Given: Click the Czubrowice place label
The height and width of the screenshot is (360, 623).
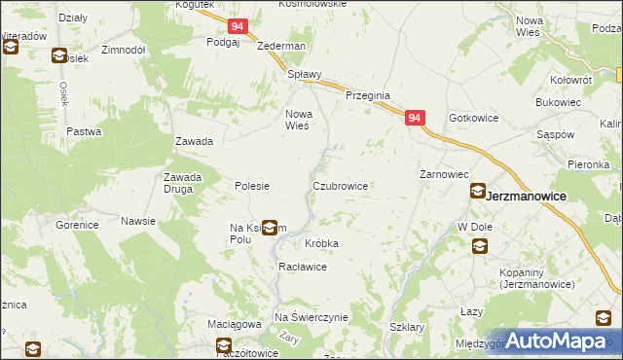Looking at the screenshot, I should pyautogui.click(x=339, y=185).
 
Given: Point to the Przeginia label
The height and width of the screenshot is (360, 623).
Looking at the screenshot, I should pyautogui.click(x=368, y=95).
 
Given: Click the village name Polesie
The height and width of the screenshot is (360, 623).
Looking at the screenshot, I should pyautogui.click(x=252, y=185).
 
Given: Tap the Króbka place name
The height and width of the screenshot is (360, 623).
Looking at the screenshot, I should pyautogui.click(x=321, y=243).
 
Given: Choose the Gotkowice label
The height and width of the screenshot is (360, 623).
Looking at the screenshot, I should pyautogui.click(x=473, y=118).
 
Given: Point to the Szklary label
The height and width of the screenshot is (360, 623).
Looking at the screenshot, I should pyautogui.click(x=406, y=328).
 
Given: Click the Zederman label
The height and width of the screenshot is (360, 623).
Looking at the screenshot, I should pyautogui.click(x=281, y=47).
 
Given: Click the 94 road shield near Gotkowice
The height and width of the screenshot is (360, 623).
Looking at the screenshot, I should pyautogui.click(x=416, y=118).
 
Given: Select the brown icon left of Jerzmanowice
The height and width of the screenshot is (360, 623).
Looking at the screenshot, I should pyautogui.click(x=478, y=192).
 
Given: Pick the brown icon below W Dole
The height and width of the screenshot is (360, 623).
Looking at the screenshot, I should pyautogui.click(x=480, y=246).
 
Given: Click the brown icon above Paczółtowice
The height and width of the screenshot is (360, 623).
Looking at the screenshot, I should pyautogui.click(x=224, y=343).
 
